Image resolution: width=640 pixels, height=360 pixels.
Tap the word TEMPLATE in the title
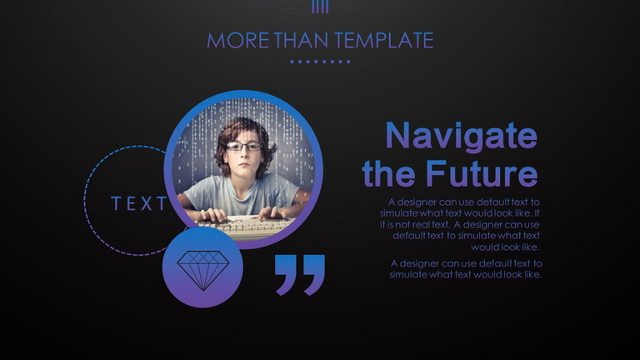383,40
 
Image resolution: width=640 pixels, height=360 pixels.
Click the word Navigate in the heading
461,137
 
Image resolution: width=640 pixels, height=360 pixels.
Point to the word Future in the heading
482,173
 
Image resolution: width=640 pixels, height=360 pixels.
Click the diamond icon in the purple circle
203,270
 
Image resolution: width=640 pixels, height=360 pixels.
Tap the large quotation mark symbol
300,275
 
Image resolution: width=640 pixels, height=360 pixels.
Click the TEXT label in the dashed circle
139,203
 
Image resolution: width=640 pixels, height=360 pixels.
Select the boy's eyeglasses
243,146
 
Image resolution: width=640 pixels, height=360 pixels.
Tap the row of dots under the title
320,62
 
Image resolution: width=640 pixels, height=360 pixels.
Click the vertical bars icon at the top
320,7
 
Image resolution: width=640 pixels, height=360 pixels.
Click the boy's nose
243,154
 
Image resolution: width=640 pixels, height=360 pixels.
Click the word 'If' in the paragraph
537,213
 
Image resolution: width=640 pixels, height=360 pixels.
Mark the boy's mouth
242,164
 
